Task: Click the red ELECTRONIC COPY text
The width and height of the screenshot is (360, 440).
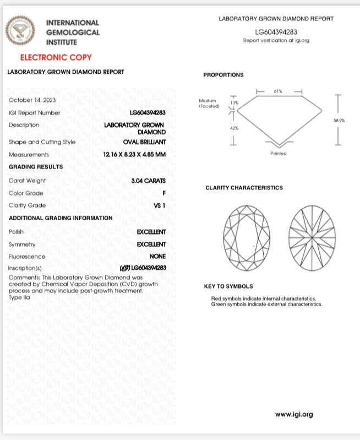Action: [56, 57]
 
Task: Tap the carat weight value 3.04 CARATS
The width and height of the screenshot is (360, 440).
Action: [149, 180]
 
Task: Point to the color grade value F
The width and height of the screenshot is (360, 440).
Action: [164, 193]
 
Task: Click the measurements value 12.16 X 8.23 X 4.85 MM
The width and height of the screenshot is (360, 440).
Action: [134, 155]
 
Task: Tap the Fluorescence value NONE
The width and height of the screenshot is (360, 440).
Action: [157, 257]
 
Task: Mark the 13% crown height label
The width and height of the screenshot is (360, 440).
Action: [234, 103]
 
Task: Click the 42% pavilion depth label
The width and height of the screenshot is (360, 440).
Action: [234, 128]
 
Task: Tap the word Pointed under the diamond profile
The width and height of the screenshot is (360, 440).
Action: [279, 154]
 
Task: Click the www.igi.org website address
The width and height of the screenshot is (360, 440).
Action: [293, 414]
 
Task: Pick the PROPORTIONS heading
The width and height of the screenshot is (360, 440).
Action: [223, 75]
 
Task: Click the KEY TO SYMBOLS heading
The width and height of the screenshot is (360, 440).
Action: [228, 286]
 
